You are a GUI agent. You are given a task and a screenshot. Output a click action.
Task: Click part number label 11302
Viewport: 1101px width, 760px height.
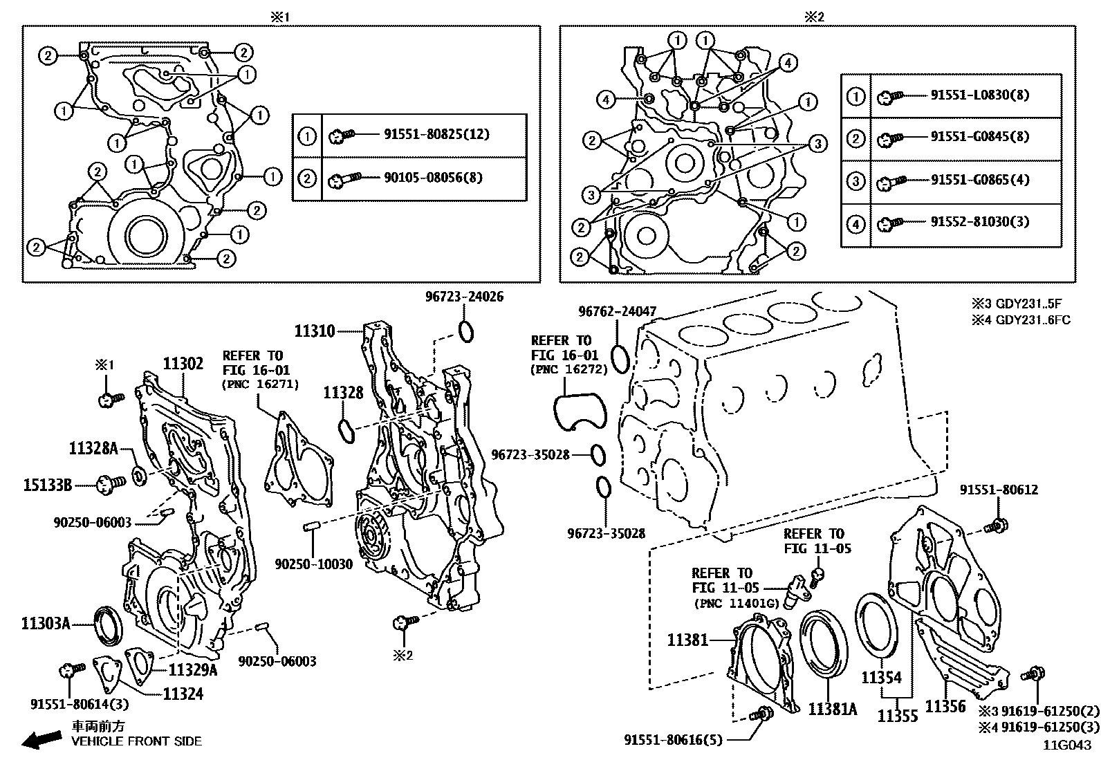(183, 364)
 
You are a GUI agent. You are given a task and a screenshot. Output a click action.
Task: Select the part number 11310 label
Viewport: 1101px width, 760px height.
(315, 331)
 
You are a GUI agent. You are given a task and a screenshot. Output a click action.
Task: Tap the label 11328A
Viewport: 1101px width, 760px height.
(93, 448)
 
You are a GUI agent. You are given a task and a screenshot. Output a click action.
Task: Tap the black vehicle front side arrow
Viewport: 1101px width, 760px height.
(40, 740)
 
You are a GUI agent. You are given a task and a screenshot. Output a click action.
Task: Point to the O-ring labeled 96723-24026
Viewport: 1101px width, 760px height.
(467, 331)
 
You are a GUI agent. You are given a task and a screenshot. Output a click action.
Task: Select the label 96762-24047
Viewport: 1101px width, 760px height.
(617, 312)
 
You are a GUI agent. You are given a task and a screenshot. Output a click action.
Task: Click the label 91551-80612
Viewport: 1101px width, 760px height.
(998, 490)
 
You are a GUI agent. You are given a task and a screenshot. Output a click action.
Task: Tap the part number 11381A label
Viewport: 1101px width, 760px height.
(833, 709)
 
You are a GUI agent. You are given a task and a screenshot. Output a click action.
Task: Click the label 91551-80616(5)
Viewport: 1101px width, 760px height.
(672, 740)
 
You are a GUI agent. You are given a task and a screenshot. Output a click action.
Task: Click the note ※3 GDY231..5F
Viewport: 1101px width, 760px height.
(1020, 304)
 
